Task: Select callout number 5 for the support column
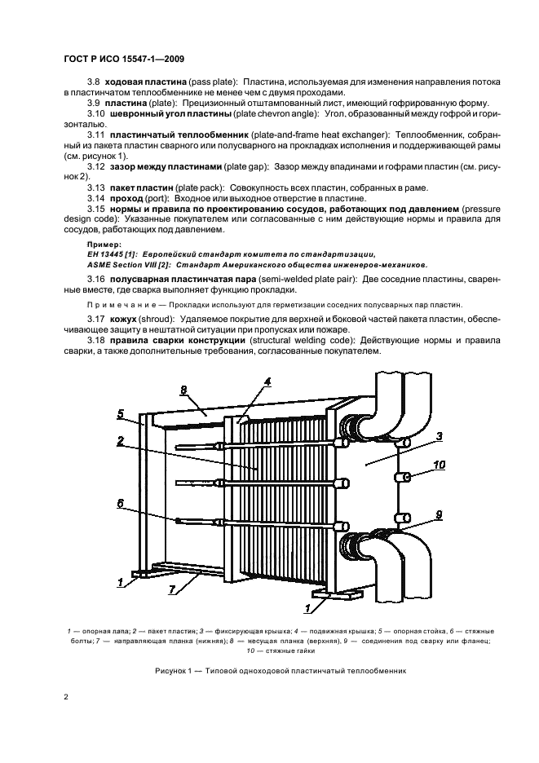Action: coord(120,414)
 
